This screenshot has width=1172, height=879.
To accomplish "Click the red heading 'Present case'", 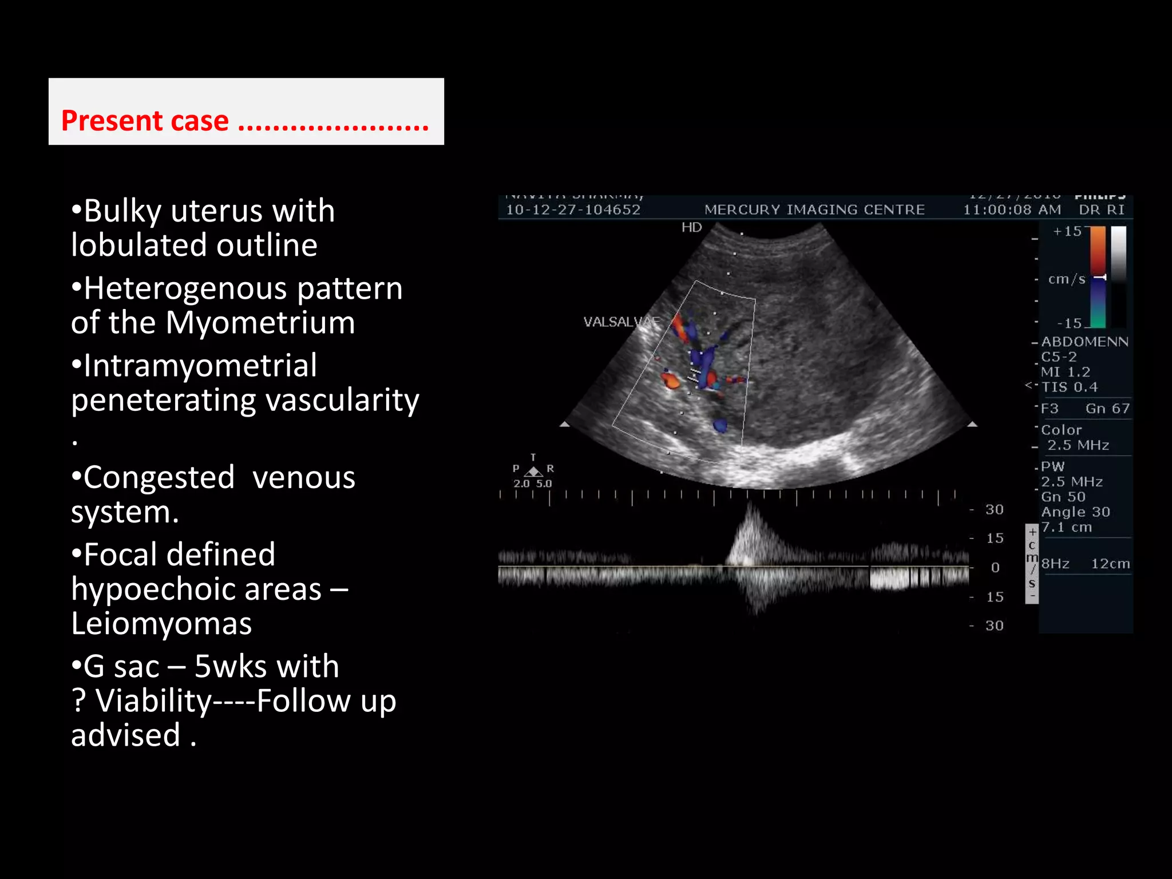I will (x=145, y=121).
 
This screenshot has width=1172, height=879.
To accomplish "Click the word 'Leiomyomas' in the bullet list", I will (x=161, y=623).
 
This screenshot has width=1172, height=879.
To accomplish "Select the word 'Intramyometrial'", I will (x=200, y=366).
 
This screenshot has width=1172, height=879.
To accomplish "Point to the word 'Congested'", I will (x=159, y=477).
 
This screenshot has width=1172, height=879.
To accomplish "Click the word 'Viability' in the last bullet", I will (x=155, y=701).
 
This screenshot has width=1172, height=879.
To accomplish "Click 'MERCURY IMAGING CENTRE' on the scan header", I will (x=814, y=209).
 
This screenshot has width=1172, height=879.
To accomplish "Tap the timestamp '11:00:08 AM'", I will (x=1012, y=209).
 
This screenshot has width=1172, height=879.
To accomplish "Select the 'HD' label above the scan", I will (x=691, y=227).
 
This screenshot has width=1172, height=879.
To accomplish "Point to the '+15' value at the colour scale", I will (x=1067, y=231).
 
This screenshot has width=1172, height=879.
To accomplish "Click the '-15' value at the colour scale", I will (x=1069, y=323).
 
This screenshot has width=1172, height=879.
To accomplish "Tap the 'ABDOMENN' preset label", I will (x=1084, y=342).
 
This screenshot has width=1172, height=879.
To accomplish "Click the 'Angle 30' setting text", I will (x=1075, y=512).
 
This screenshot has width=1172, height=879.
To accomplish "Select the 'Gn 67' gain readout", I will (x=1107, y=409).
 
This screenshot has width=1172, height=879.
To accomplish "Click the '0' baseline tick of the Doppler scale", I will (x=995, y=567).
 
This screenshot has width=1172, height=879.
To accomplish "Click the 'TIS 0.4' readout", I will (x=1069, y=387).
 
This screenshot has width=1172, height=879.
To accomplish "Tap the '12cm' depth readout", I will (x=1110, y=564).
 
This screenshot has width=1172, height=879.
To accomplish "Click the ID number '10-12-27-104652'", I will (x=573, y=209).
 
